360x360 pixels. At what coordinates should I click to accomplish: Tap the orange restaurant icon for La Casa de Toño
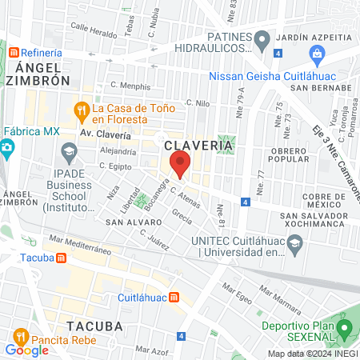pyautogui.click(x=81, y=110)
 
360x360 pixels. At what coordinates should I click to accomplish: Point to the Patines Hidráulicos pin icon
pyautogui.click(x=262, y=38)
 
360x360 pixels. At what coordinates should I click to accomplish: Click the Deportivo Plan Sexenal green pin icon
pyautogui.click(x=345, y=327)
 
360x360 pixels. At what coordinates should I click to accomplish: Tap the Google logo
pyautogui.click(x=26, y=350)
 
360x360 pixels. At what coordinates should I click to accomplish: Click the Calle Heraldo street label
pyautogui.click(x=93, y=26)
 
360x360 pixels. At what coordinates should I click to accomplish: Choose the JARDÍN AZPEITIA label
pyautogui.click(x=314, y=38)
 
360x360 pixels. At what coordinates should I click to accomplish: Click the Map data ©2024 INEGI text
pyautogui.click(x=312, y=354)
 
